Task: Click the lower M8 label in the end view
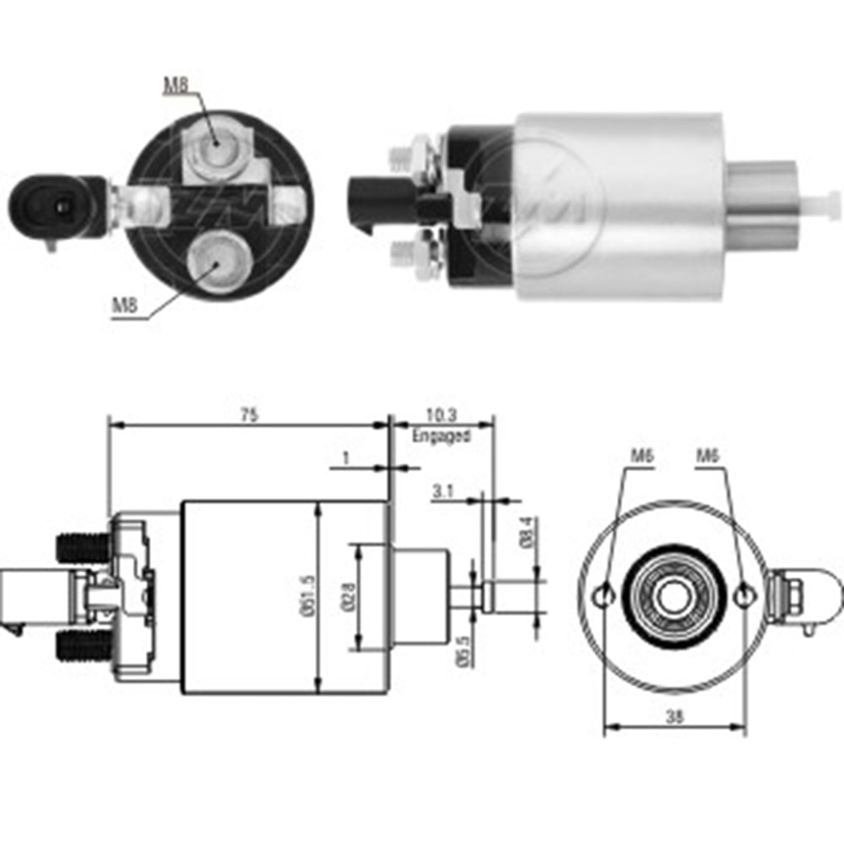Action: click(x=125, y=306)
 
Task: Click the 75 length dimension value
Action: click(x=248, y=414)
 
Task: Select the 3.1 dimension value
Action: click(x=442, y=490)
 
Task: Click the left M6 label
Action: click(x=643, y=456)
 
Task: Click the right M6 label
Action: click(x=707, y=456)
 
